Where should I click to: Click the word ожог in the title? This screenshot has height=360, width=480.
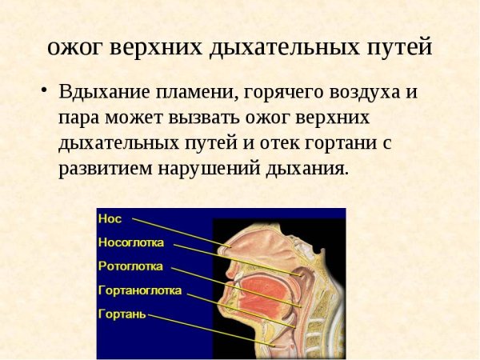point(72,46)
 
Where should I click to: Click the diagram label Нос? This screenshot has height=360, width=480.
point(110,217)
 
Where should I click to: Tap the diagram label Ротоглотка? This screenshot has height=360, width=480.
point(130,266)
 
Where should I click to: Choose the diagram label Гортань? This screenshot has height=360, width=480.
point(122,314)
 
